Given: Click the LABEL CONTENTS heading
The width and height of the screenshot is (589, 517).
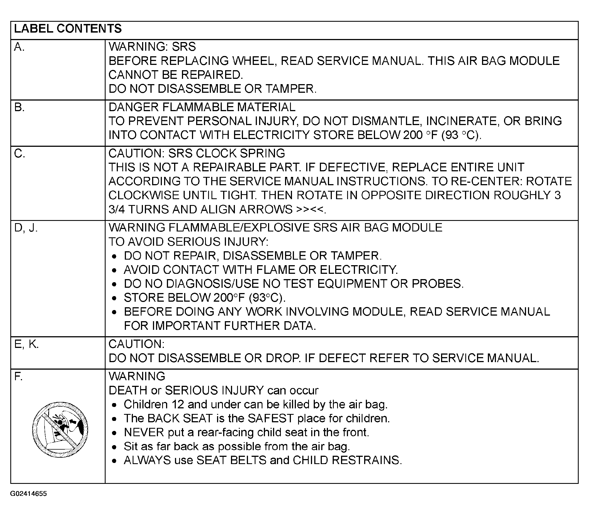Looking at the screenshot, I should click(x=68, y=29).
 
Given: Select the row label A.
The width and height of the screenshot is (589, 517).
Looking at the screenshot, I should click(x=19, y=47).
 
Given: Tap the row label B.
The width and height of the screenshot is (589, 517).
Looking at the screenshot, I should click(x=19, y=108).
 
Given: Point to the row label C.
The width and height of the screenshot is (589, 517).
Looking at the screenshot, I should click(x=20, y=154).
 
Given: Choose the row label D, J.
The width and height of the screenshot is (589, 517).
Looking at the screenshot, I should click(x=26, y=228).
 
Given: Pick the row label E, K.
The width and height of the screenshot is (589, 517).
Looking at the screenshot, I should click(x=26, y=344).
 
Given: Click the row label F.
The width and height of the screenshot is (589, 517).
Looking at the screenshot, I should click(x=18, y=376).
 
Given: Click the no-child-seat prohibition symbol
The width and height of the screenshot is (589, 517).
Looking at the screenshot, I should click(x=60, y=430).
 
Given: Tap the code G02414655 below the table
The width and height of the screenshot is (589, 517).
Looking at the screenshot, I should click(x=28, y=494).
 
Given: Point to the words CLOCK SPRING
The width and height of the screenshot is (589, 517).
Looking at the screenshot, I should click(x=240, y=153).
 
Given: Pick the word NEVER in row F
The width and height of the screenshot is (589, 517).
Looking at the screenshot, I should click(x=144, y=433).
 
